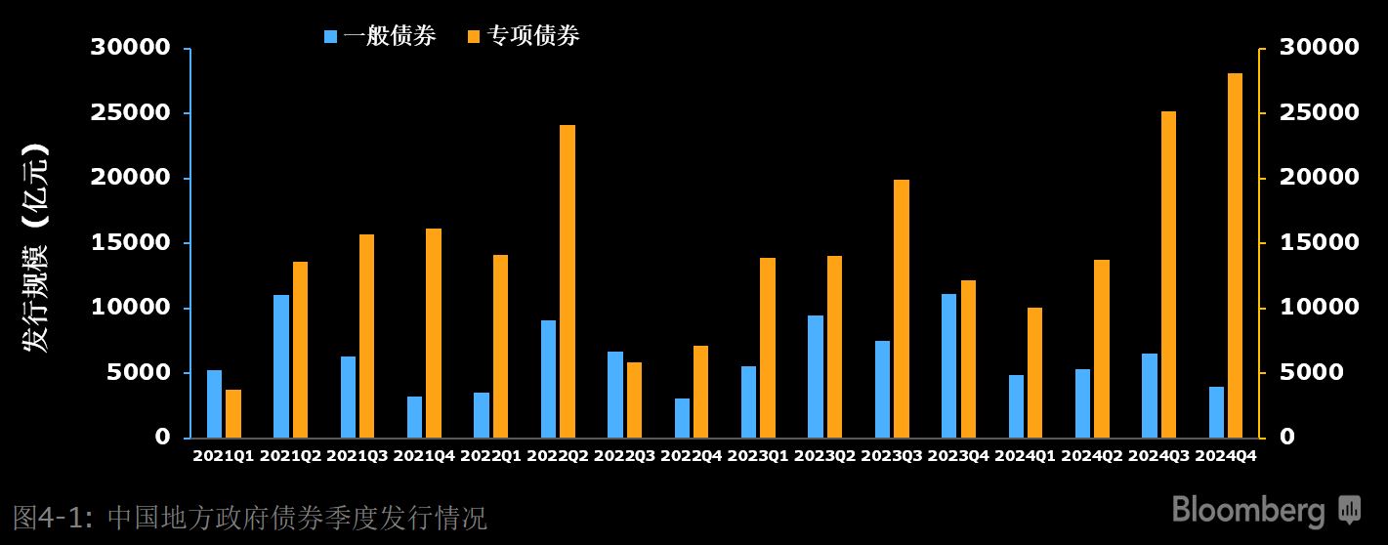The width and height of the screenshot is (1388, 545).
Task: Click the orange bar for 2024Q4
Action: tap(1236, 255)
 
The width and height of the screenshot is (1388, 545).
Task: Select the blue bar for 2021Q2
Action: tap(281, 366)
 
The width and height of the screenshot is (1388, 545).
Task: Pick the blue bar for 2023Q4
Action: tap(949, 365)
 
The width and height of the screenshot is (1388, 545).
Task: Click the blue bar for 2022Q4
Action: tap(682, 418)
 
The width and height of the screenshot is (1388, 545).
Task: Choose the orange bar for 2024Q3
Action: tap(1169, 274)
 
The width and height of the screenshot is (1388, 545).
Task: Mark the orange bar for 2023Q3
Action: tap(902, 309)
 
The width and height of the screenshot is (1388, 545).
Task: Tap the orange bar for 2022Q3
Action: tap(635, 399)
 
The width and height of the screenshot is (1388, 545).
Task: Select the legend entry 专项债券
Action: tap(524, 37)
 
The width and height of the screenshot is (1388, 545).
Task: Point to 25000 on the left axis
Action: tap(130, 112)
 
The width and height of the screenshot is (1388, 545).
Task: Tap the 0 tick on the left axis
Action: tap(162, 438)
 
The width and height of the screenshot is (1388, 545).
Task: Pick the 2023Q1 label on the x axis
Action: tap(758, 455)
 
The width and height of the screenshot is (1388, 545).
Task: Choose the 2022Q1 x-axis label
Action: tap(491, 455)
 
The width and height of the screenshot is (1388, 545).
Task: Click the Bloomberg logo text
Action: tap(1248, 510)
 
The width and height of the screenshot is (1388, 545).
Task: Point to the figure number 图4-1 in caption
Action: tap(51, 517)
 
